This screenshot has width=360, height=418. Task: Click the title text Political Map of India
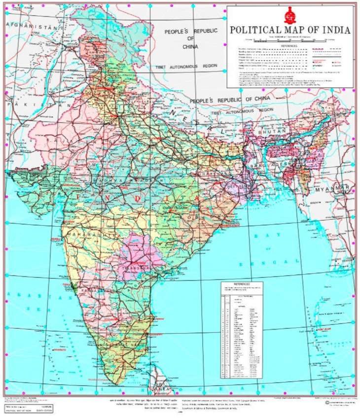(290, 30)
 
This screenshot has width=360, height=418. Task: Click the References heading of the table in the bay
(241, 284)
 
